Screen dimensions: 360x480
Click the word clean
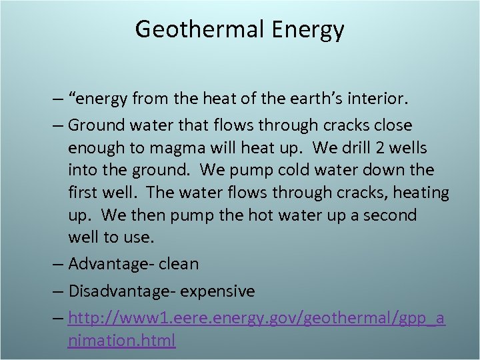click(178, 264)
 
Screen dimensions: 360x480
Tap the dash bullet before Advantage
click(60, 264)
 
